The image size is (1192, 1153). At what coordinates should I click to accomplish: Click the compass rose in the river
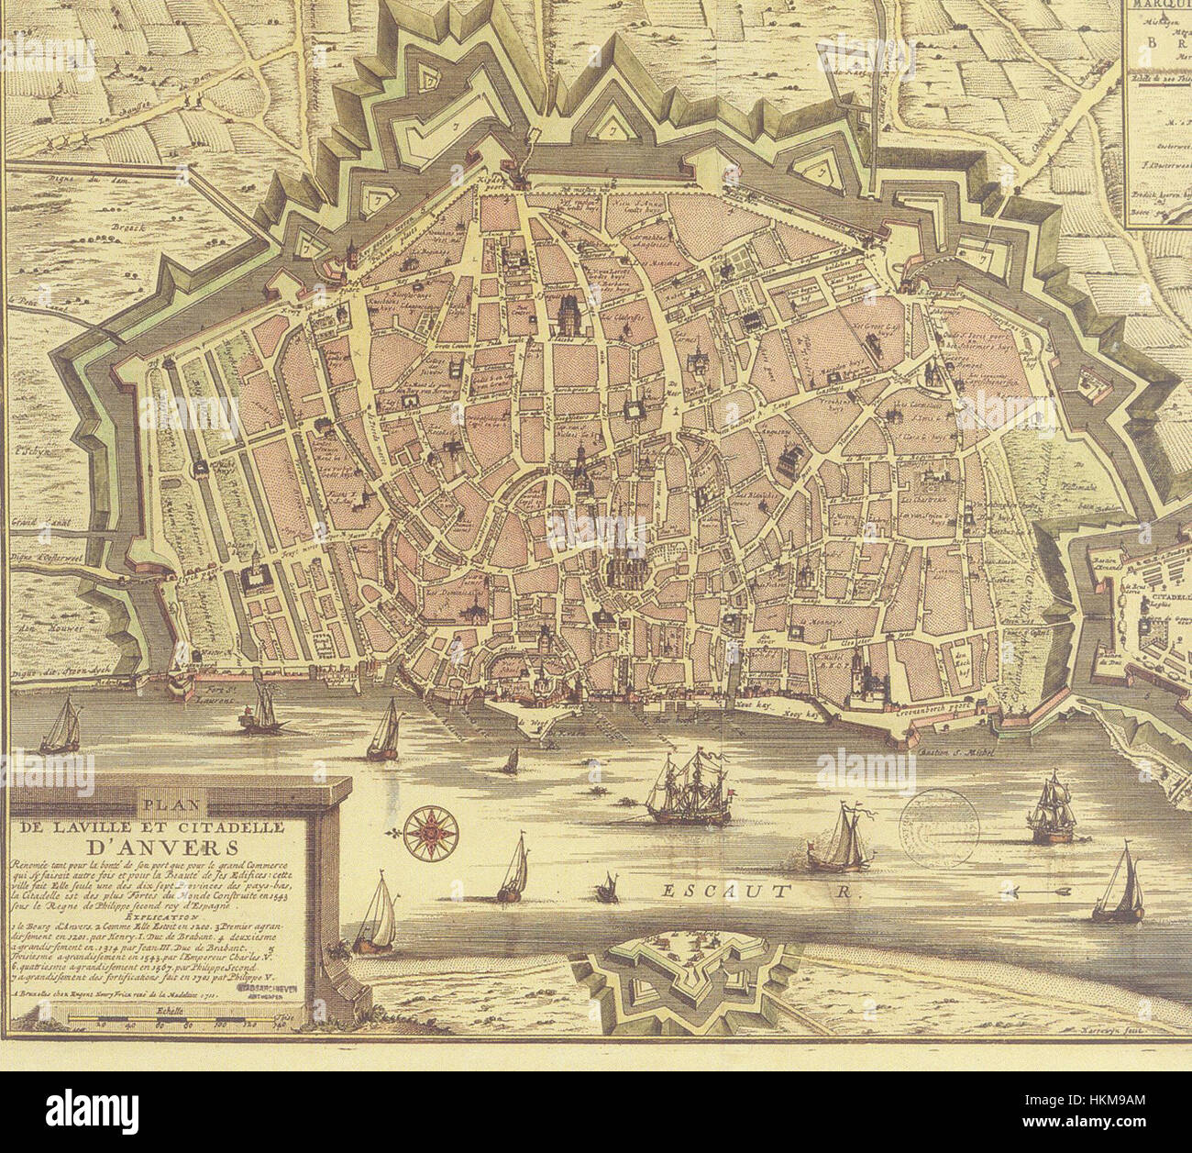[427, 826]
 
